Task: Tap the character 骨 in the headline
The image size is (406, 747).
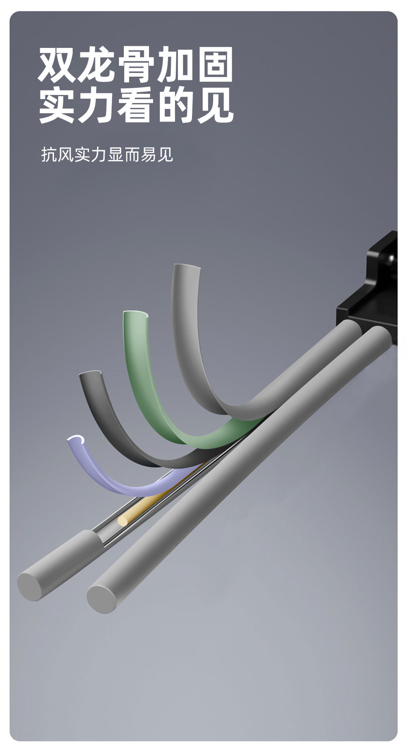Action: click(136, 65)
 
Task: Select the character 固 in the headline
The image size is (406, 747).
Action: click(215, 65)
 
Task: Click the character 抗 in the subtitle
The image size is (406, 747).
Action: click(49, 155)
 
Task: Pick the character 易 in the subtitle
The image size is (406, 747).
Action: click(149, 155)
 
